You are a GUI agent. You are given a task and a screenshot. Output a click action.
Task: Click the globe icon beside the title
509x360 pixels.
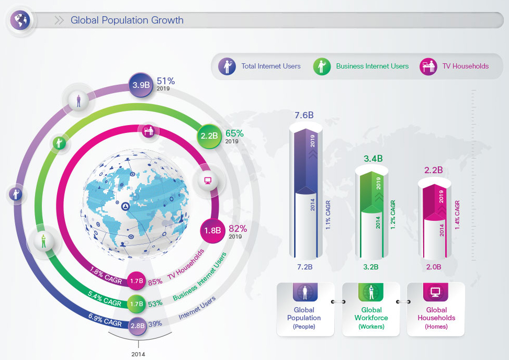[20, 20]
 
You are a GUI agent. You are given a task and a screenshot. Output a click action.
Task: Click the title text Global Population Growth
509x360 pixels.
[127, 20]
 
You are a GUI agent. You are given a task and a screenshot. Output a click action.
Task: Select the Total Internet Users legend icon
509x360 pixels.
[227, 66]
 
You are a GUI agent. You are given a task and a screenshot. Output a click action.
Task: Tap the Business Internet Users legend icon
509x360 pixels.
[322, 66]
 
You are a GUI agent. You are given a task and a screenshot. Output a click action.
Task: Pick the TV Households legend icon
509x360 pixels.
[428, 66]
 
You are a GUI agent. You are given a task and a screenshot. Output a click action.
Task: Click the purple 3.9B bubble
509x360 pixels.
[141, 85]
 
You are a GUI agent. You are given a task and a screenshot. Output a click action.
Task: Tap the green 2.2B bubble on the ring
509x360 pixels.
[209, 136]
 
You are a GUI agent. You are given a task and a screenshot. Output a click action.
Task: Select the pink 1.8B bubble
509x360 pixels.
[212, 230]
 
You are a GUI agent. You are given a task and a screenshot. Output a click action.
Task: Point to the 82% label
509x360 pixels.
[238, 229]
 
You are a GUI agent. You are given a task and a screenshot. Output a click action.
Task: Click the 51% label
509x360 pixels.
[166, 81]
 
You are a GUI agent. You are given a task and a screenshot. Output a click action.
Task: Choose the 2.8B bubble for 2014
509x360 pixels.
[137, 325]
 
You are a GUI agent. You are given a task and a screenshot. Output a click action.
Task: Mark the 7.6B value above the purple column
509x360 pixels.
[304, 115]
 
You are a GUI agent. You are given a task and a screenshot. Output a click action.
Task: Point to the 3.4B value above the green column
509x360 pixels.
[373, 159]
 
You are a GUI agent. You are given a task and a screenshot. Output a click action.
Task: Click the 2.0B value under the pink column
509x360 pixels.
[434, 267]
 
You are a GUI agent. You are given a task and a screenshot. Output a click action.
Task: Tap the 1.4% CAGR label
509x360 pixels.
[457, 215]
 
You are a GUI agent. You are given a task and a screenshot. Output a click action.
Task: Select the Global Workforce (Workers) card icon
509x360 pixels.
[371, 291]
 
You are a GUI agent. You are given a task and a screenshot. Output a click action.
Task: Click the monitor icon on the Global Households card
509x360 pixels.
[435, 291]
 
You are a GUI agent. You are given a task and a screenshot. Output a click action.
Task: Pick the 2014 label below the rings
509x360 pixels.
[138, 354]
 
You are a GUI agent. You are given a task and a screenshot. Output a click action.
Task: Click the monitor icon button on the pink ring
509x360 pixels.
[208, 181]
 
